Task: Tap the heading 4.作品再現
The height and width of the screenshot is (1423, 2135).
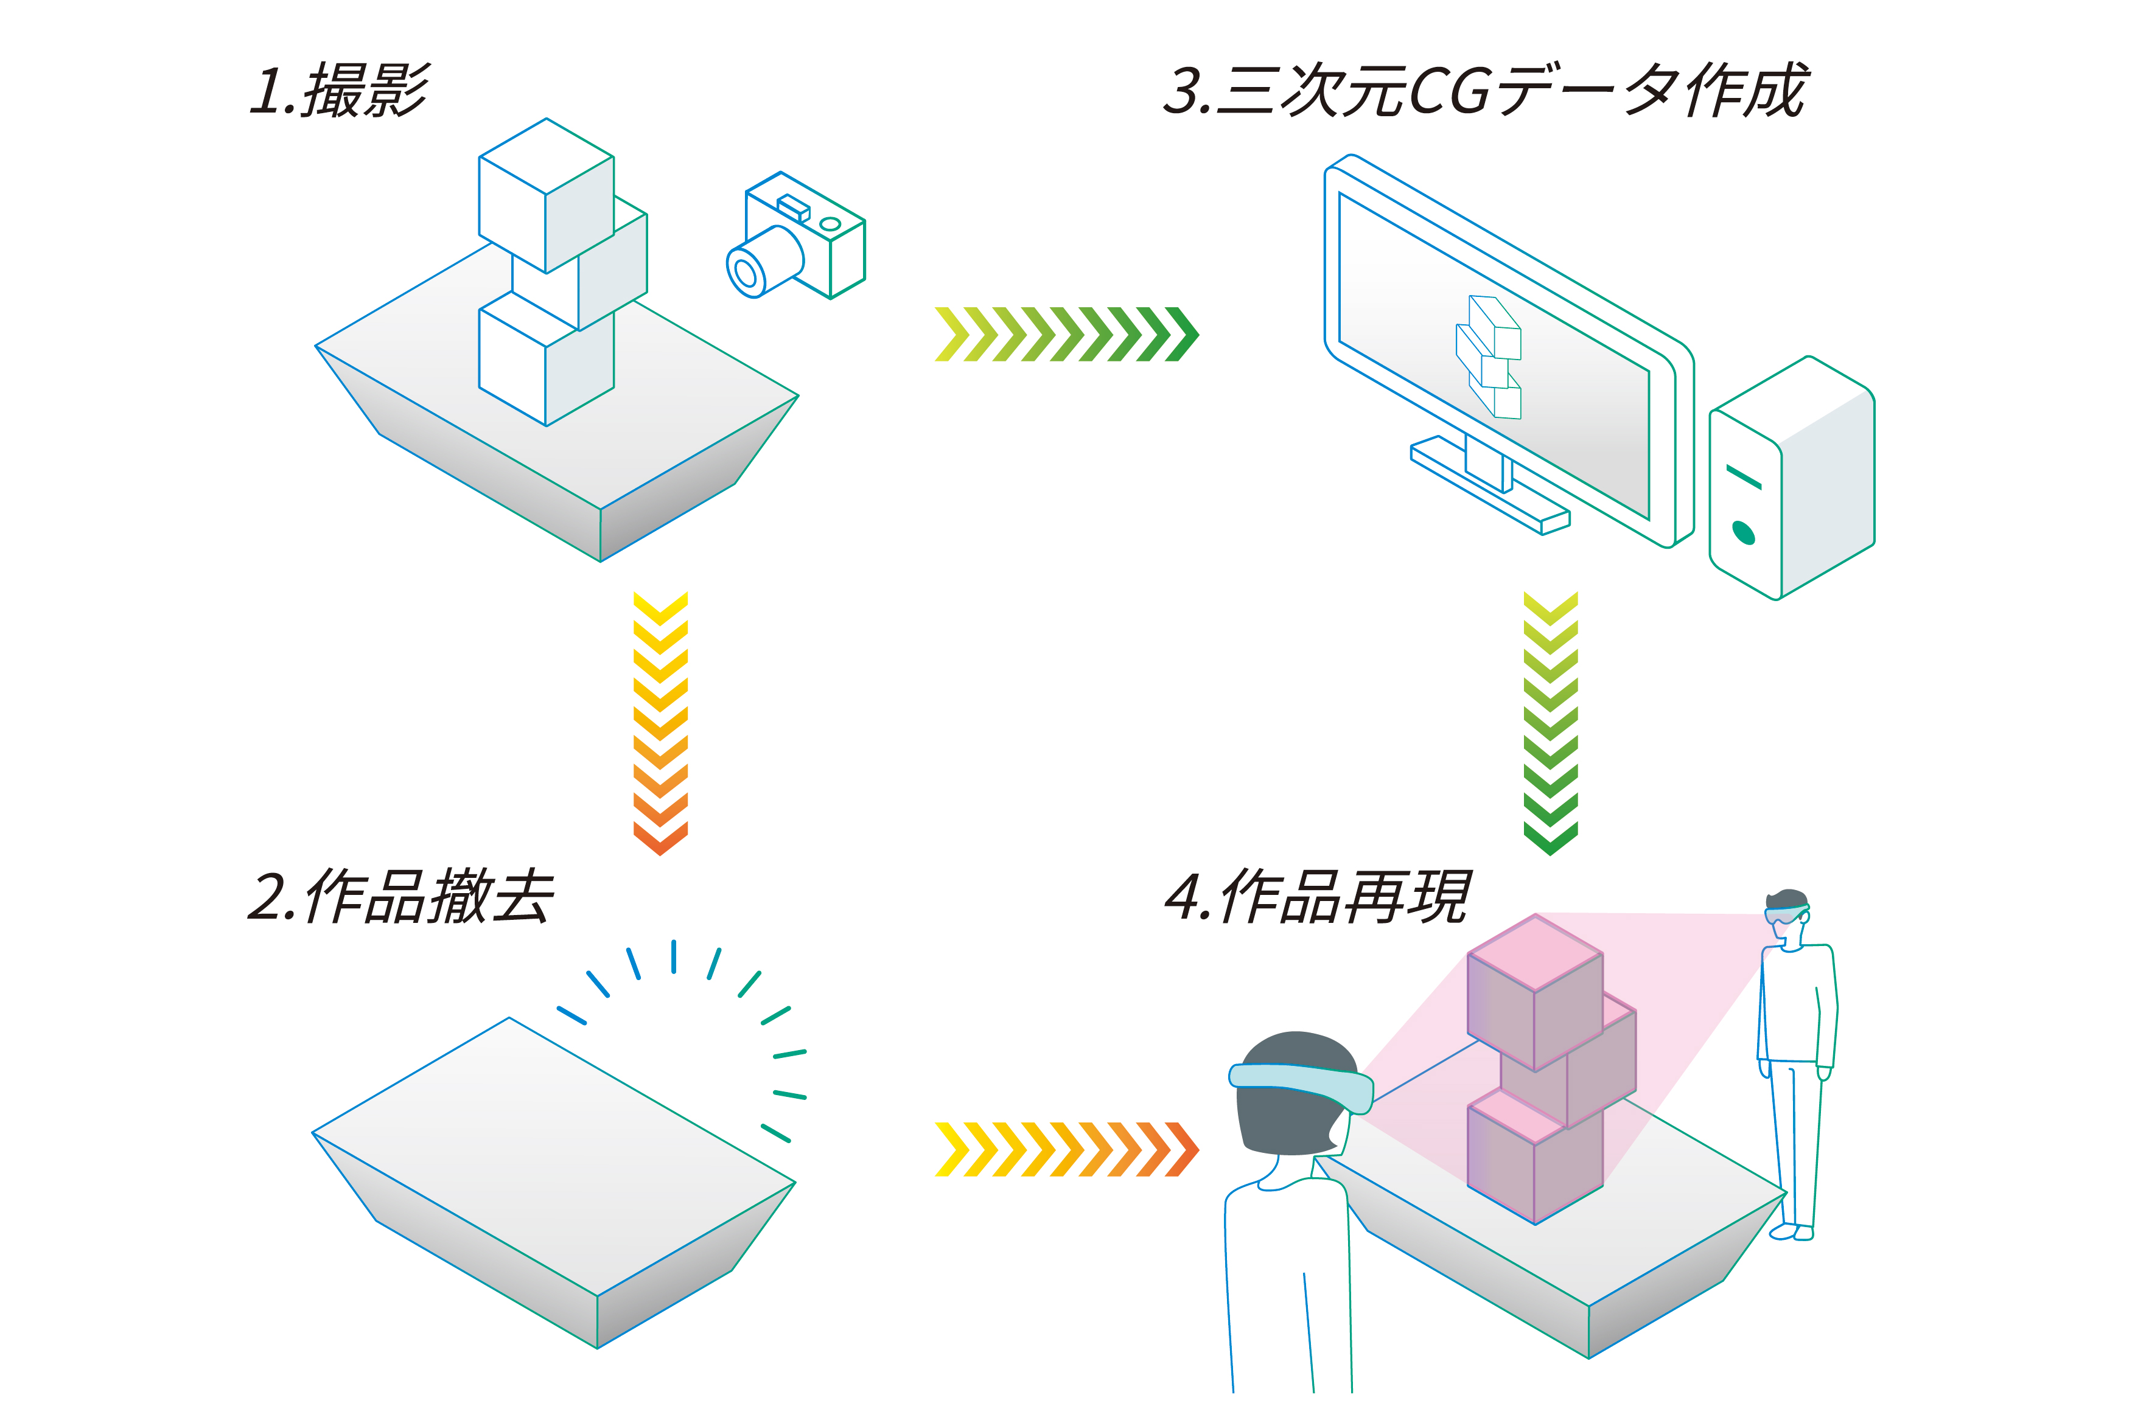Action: point(1317,897)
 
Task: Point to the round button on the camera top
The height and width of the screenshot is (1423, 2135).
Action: point(830,224)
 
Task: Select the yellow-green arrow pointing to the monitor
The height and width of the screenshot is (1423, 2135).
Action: point(1067,334)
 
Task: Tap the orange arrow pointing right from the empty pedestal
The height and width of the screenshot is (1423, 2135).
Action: point(1067,1149)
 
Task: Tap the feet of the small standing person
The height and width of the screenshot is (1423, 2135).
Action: point(1794,1231)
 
